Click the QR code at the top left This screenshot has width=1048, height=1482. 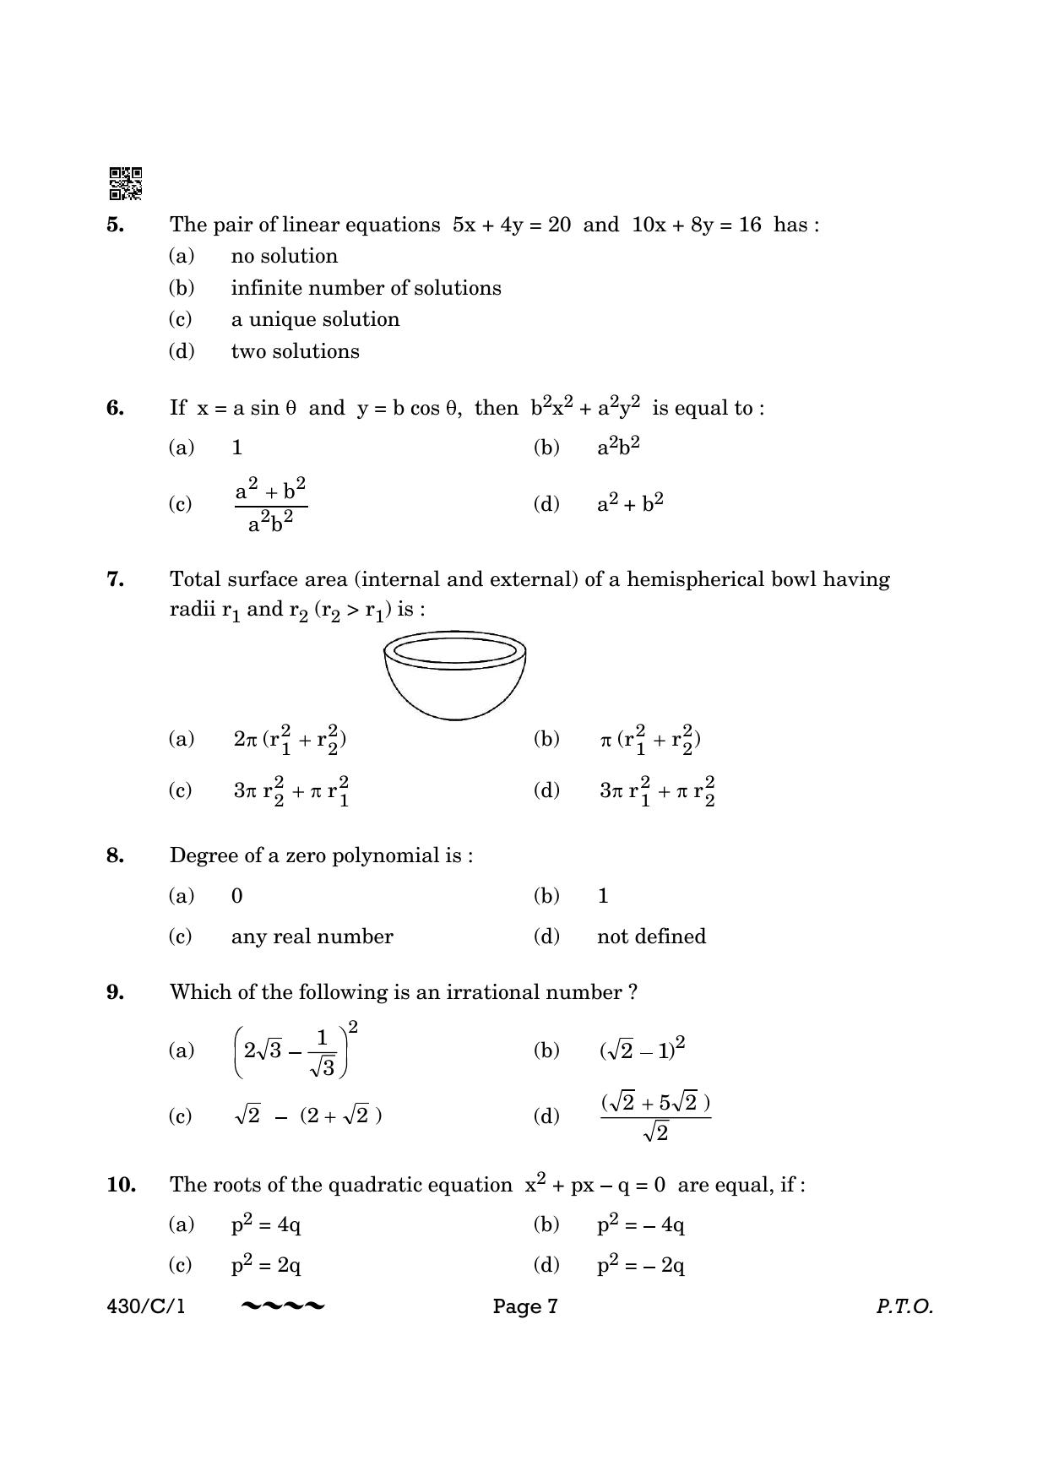pyautogui.click(x=125, y=183)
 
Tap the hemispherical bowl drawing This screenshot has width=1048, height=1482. pyautogui.click(x=454, y=675)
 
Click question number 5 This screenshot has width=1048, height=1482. pyautogui.click(x=116, y=225)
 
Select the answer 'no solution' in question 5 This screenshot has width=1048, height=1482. pyautogui.click(x=284, y=256)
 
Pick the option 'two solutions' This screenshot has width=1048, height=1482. pyautogui.click(x=295, y=351)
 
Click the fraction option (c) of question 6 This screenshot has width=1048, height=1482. pyautogui.click(x=270, y=505)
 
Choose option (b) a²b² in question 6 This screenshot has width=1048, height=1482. pyautogui.click(x=618, y=447)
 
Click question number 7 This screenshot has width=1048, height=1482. pyautogui.click(x=116, y=579)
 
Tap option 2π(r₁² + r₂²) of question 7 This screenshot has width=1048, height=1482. pyautogui.click(x=290, y=740)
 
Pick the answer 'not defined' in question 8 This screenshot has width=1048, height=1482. pyautogui.click(x=651, y=936)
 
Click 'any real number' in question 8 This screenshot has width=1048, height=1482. pyautogui.click(x=312, y=936)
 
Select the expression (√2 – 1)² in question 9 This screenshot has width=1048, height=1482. pyautogui.click(x=642, y=1050)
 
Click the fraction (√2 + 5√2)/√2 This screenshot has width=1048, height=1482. pyautogui.click(x=655, y=1116)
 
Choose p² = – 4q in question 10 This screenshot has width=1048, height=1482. pyautogui.click(x=640, y=1224)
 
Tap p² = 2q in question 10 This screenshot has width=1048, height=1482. pyautogui.click(x=266, y=1265)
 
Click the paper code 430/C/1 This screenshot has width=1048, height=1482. pyautogui.click(x=146, y=1306)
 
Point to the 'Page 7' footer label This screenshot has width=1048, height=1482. pyautogui.click(x=525, y=1306)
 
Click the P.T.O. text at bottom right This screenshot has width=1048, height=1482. pyautogui.click(x=904, y=1306)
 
